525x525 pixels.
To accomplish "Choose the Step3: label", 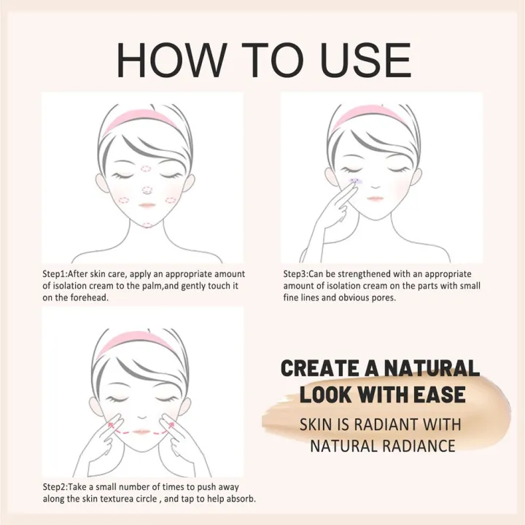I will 297,273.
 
